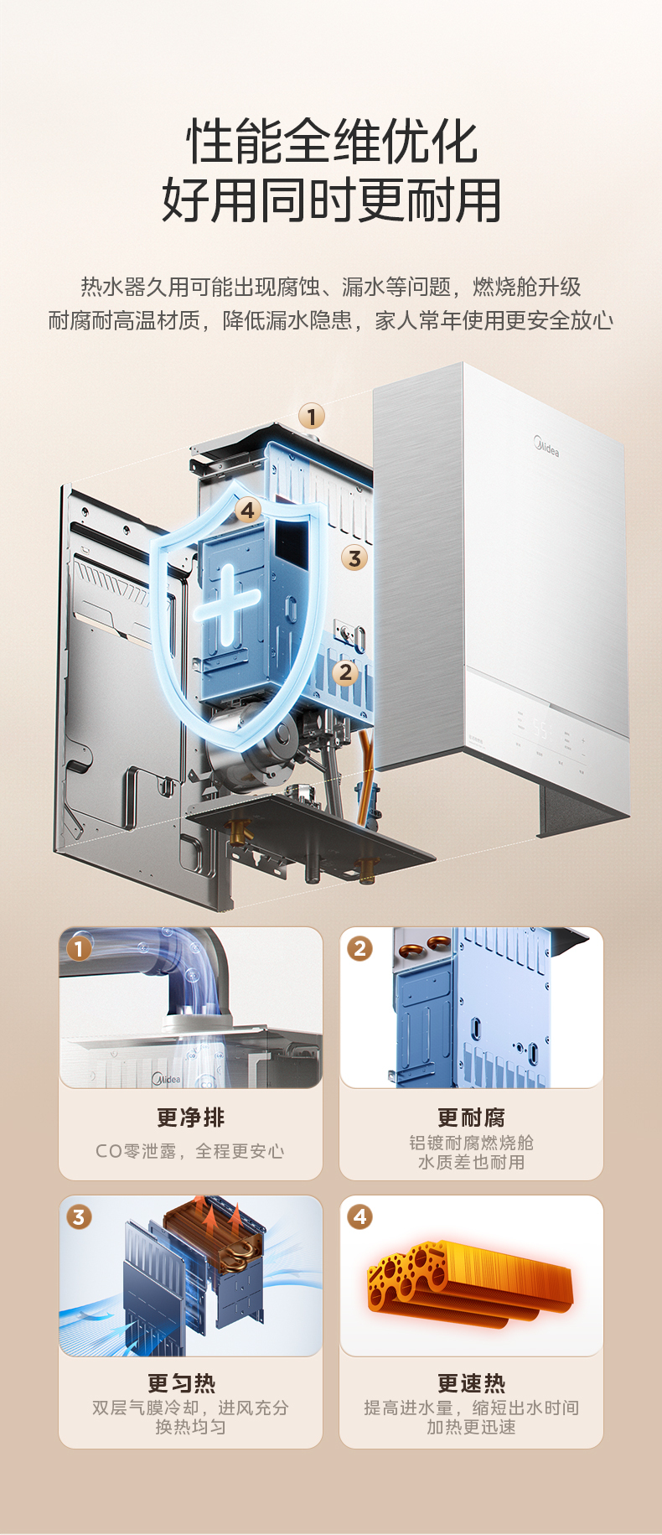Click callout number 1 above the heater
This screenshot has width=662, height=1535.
312,416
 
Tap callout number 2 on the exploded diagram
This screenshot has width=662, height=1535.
345,672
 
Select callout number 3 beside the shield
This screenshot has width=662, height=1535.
355,557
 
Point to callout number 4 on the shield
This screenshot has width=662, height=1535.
247,510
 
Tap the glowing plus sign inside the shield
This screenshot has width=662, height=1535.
226,603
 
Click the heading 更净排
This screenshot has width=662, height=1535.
191,1118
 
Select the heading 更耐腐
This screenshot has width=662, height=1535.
471,1118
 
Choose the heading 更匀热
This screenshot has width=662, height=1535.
182,1383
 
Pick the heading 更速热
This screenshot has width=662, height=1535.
471,1383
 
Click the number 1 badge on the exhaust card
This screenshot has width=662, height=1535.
79,948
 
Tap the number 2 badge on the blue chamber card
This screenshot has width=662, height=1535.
360,948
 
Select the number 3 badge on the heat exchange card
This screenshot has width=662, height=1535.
79,1216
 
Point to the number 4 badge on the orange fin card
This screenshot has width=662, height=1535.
360,1216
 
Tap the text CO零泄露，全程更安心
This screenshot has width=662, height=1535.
190,1151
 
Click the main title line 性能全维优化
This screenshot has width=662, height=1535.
332,141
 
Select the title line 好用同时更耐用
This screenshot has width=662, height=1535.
332,200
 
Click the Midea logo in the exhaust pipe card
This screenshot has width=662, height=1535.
166,1078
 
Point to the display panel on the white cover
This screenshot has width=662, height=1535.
549,735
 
